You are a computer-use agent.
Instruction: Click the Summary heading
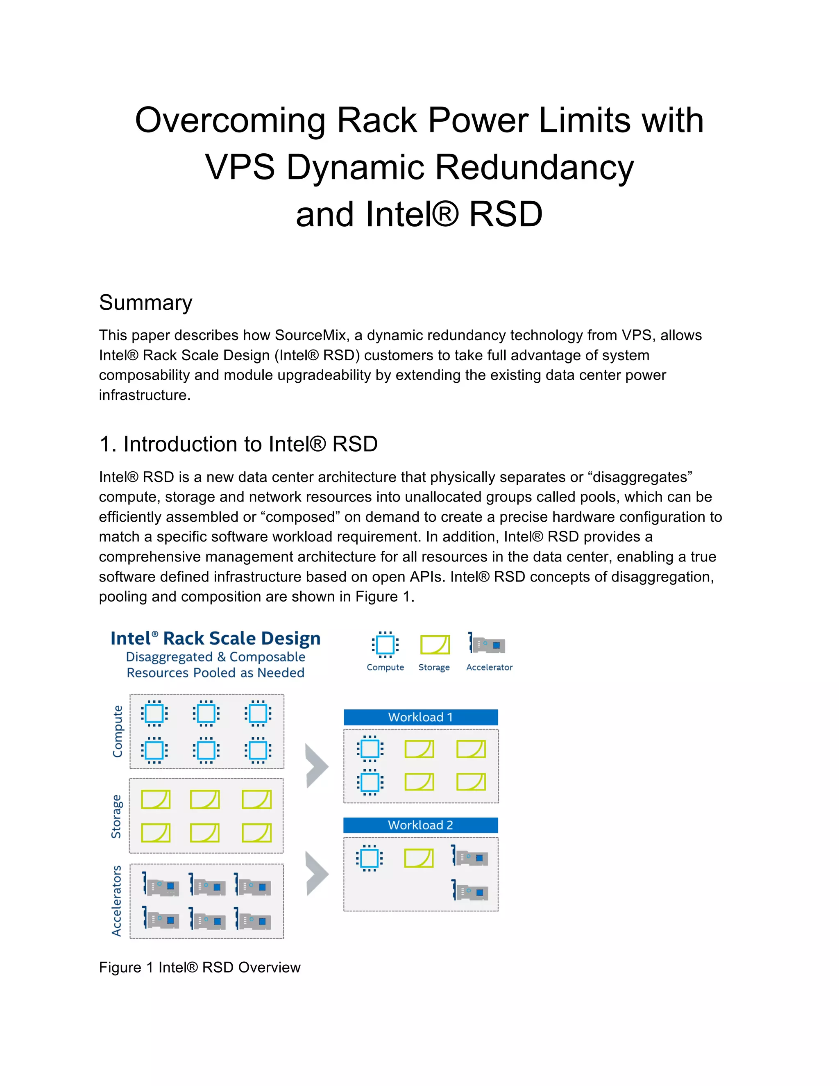(145, 303)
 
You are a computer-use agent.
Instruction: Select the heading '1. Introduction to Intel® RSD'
(238, 444)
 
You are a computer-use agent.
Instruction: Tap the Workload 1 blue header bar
(420, 717)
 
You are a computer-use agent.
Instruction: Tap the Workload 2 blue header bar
(420, 825)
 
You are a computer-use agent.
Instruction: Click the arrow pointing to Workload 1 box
(316, 766)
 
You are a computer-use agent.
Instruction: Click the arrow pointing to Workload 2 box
(316, 873)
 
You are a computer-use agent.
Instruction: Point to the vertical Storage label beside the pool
(116, 816)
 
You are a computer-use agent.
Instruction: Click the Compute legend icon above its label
(385, 645)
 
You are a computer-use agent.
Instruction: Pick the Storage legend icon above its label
(435, 645)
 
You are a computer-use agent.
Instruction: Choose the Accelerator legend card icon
(487, 645)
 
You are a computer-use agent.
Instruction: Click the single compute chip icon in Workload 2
(369, 858)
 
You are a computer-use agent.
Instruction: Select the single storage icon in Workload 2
(419, 858)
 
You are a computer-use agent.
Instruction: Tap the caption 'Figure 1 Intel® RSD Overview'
(200, 967)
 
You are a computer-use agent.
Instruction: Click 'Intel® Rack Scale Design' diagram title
(215, 638)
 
